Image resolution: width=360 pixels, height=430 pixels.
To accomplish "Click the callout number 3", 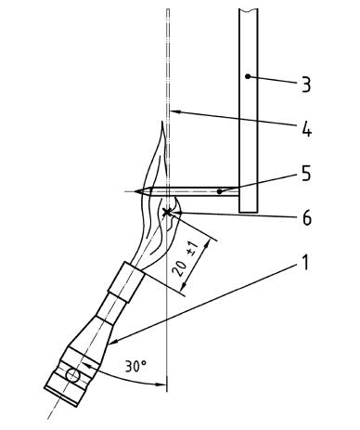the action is click(x=306, y=84).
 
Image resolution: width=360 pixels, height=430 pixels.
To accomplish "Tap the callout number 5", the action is click(x=305, y=174).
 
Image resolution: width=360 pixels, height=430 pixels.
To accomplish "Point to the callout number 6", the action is click(x=306, y=218).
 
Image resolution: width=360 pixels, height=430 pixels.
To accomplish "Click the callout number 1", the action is click(x=305, y=263).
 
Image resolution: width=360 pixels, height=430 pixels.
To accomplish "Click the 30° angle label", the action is click(x=135, y=366).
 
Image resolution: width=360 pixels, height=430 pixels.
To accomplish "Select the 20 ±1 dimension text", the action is click(x=185, y=261).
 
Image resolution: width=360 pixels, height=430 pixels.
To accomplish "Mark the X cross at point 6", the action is click(x=167, y=212).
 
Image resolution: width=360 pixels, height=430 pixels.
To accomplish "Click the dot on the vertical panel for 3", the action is click(x=248, y=76).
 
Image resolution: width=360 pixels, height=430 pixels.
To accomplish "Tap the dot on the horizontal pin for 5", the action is click(x=219, y=192).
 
